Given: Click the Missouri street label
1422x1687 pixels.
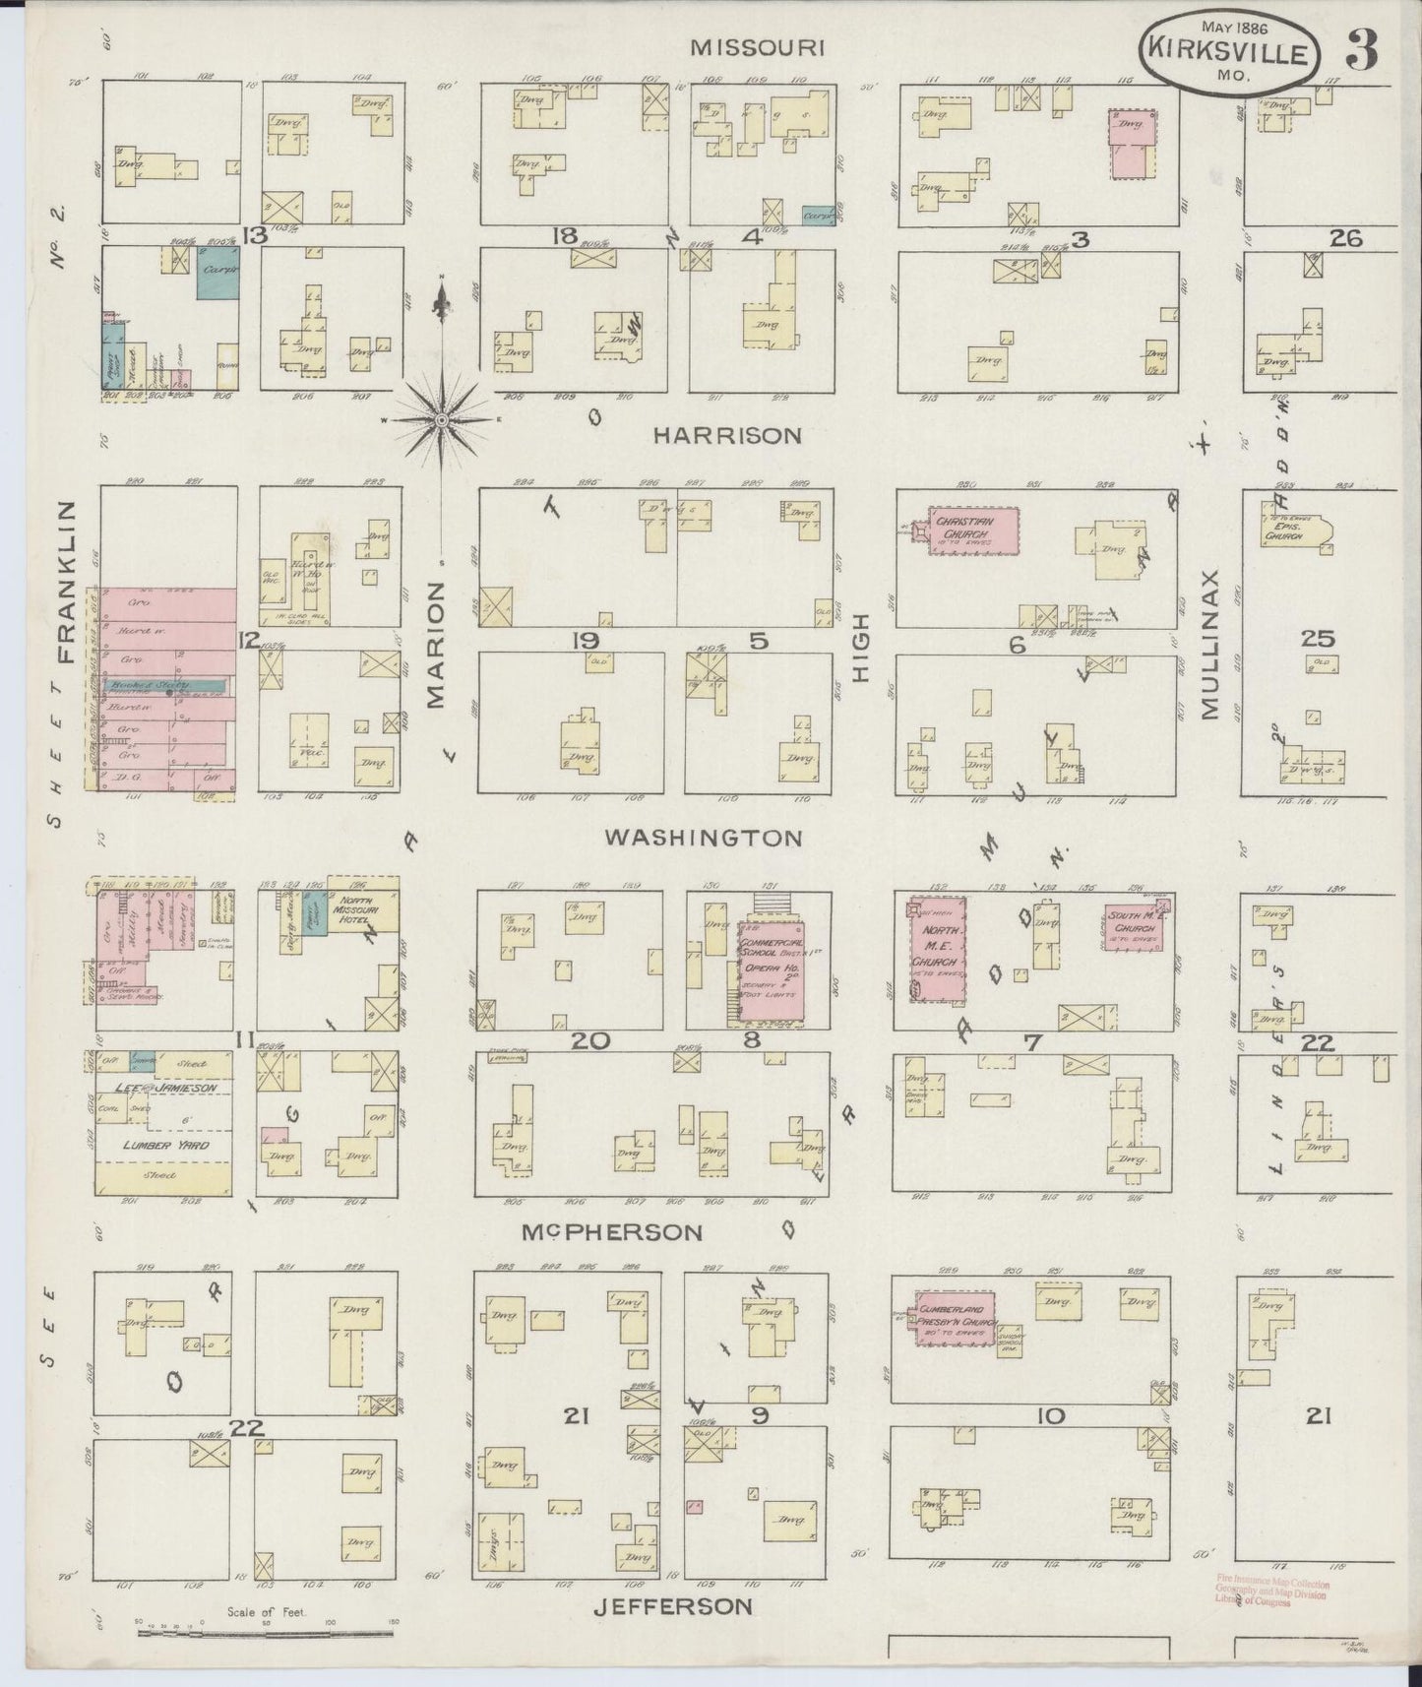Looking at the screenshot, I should (755, 46).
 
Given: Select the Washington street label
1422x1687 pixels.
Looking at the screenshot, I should (703, 838).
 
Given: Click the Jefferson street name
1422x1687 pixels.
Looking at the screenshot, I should (673, 1606).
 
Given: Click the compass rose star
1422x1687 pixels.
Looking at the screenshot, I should (442, 420).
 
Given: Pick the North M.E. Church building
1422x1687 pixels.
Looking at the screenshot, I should (936, 949).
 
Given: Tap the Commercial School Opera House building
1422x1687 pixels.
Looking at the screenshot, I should (772, 969).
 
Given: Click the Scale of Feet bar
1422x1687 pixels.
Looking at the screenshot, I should (266, 1633).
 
